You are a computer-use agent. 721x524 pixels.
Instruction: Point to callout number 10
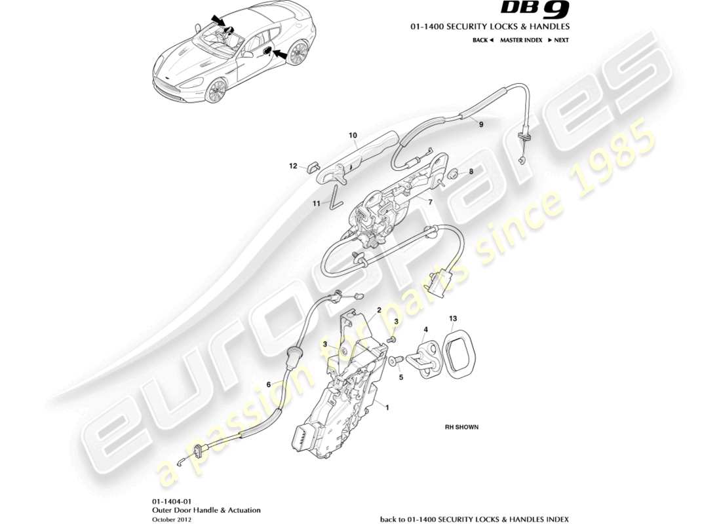coord(352,136)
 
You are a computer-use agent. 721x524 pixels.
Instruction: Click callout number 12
coord(294,166)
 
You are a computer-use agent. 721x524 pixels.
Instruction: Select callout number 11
coord(316,204)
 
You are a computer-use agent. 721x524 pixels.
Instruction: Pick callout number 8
coord(471,172)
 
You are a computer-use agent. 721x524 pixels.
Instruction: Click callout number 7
coord(430,202)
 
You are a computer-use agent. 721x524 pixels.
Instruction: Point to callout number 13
coord(453,318)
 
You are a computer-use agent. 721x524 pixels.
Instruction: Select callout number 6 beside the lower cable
coord(267,384)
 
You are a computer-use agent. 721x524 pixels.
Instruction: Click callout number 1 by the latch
coord(387,407)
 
